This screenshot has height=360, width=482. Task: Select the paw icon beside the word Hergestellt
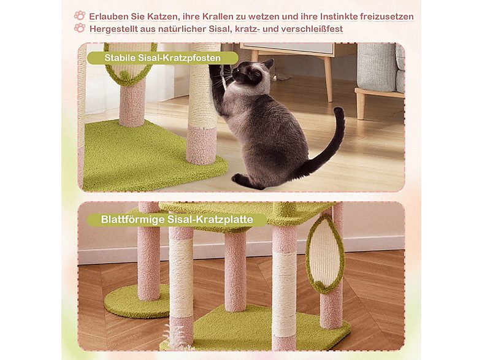click(x=80, y=28)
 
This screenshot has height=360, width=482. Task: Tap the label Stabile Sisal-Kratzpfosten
click(x=162, y=59)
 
